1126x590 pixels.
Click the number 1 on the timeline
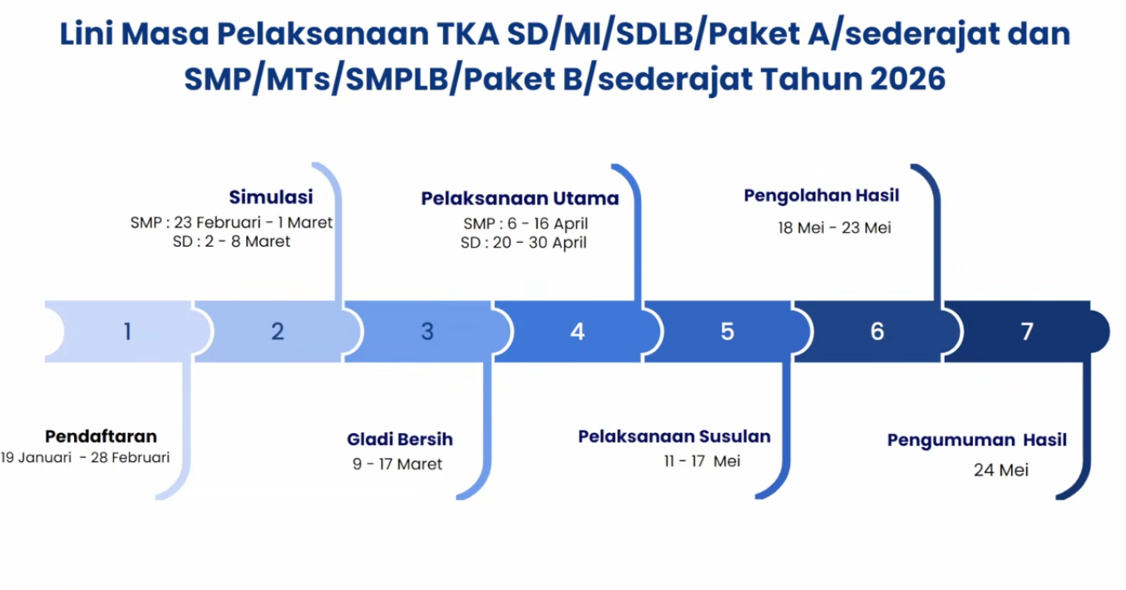tap(127, 332)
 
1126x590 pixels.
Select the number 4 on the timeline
tap(577, 332)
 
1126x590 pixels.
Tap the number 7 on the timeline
tap(1027, 332)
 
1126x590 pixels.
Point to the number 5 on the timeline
tap(727, 332)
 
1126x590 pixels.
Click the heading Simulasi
tap(271, 197)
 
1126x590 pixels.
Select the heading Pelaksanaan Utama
tap(520, 199)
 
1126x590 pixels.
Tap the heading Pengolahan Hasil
tap(822, 196)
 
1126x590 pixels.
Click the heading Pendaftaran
tap(101, 436)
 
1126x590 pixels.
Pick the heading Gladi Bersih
tap(400, 440)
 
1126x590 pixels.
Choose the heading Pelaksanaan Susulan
tap(674, 436)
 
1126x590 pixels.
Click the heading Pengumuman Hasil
tap(976, 440)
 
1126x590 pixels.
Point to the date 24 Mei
tap(1001, 470)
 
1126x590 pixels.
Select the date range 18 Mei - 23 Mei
tap(834, 228)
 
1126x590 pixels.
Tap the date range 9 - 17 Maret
tap(398, 465)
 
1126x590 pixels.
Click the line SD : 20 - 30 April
tap(524, 243)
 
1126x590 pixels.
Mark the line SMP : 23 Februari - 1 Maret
tap(231, 223)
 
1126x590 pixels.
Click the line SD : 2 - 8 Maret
tap(231, 242)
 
